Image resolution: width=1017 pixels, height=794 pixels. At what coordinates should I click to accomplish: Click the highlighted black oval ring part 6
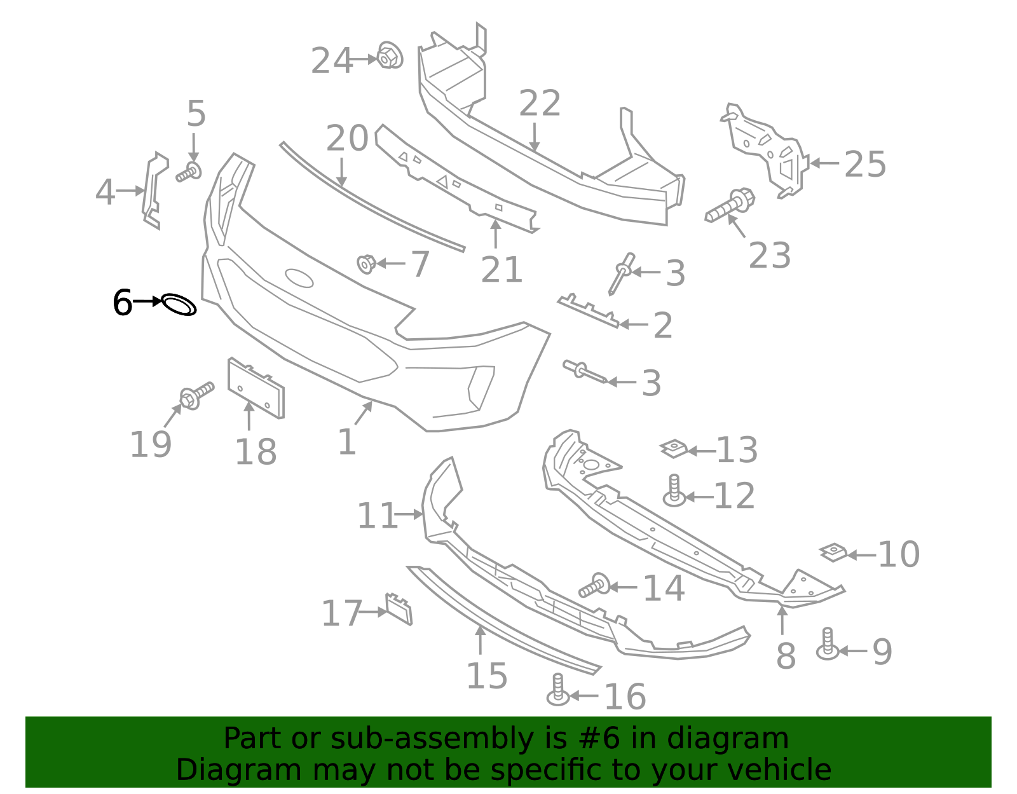(179, 305)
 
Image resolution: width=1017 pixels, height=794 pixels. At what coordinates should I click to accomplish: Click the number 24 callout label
(331, 62)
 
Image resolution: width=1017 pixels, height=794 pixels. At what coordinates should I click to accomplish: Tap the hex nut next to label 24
(389, 55)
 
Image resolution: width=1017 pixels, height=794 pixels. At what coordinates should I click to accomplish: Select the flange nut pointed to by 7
(366, 263)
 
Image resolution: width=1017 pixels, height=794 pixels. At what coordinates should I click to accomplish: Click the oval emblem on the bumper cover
(299, 278)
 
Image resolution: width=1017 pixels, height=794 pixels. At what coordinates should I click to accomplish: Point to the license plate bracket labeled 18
(256, 388)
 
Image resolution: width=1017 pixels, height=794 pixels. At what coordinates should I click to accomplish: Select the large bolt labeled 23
(731, 206)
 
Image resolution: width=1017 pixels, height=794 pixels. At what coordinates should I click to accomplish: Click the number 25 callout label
(864, 165)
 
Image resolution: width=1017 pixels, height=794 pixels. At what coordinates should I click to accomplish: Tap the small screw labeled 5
(189, 171)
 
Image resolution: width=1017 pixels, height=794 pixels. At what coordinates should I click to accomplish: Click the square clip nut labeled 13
(674, 449)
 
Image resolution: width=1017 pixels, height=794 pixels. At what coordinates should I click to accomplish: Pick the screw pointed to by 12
(674, 491)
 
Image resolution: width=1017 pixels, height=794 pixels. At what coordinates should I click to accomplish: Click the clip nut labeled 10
(834, 552)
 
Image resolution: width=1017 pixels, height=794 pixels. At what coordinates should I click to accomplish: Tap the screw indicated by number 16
(557, 690)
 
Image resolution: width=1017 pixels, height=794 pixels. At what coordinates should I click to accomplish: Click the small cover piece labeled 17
(399, 609)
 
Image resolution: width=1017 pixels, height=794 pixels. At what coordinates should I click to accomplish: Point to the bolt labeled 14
(594, 585)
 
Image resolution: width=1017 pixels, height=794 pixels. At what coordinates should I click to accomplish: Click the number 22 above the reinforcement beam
(540, 104)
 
